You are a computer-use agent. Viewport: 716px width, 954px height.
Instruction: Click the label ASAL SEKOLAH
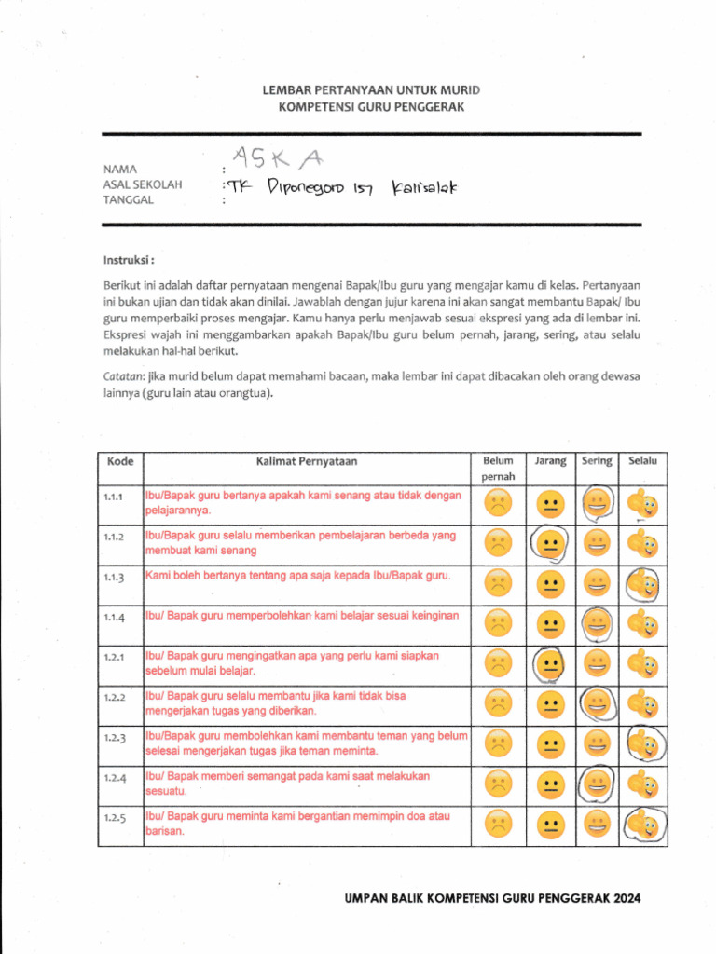pyautogui.click(x=143, y=184)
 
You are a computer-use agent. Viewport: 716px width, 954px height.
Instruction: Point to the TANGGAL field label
pyautogui.click(x=129, y=199)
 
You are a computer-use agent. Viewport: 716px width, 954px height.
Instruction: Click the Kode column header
pyautogui.click(x=120, y=461)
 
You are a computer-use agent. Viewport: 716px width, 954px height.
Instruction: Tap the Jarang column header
pyautogui.click(x=550, y=461)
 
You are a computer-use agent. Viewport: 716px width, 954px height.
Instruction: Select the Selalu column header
pyautogui.click(x=642, y=461)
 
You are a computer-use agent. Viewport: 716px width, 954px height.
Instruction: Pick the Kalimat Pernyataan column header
pyautogui.click(x=306, y=461)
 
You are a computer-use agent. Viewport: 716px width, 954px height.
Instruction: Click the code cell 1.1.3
pyautogui.click(x=116, y=578)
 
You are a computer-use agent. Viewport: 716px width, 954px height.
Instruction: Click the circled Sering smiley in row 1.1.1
pyautogui.click(x=597, y=504)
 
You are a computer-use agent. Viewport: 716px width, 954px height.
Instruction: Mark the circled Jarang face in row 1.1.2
pyautogui.click(x=551, y=544)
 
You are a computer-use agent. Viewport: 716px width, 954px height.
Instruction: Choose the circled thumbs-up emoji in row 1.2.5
pyautogui.click(x=642, y=825)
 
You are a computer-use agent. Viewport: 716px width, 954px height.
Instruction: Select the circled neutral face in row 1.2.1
pyautogui.click(x=551, y=664)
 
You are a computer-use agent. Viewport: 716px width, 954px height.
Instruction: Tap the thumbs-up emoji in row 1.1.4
pyautogui.click(x=642, y=623)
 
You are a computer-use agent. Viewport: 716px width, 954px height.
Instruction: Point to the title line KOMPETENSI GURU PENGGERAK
pyautogui.click(x=371, y=108)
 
